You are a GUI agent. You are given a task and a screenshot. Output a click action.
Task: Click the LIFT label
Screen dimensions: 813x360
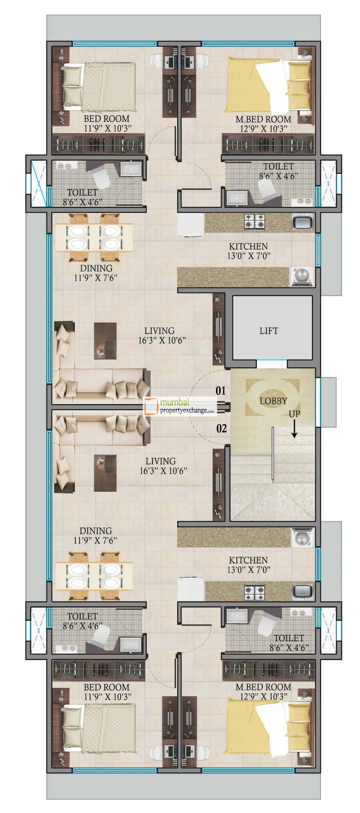click(268, 331)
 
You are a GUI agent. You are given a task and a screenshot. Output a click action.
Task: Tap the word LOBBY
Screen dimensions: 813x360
click(273, 401)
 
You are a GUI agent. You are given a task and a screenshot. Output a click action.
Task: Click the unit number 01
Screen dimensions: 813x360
click(220, 391)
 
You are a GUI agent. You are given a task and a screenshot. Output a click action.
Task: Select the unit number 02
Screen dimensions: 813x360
click(221, 428)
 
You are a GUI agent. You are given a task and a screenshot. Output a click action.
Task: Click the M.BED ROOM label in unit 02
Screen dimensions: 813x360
click(263, 687)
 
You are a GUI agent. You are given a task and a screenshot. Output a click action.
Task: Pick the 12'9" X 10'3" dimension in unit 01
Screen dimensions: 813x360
click(263, 129)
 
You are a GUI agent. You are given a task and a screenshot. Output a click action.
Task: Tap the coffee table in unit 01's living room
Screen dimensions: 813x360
click(105, 341)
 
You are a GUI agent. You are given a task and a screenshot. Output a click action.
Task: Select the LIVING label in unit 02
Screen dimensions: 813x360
click(160, 461)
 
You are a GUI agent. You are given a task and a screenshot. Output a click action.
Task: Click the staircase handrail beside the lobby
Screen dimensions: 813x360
click(273, 454)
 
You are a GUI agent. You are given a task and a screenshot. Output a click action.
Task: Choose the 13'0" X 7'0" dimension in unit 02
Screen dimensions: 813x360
click(249, 570)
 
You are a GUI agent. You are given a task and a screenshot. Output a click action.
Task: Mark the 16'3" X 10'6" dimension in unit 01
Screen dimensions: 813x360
click(162, 340)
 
